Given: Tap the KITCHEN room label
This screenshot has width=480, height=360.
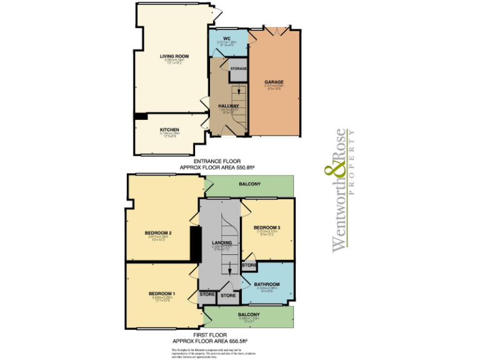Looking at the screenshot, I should click(x=169, y=129).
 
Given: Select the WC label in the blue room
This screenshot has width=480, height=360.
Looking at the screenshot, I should click(x=219, y=39).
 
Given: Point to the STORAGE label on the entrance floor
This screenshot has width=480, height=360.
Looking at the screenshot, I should click(x=238, y=67).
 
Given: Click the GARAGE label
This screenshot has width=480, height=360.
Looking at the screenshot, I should click(x=274, y=82).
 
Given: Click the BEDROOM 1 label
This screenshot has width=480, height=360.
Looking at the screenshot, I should click(x=161, y=293).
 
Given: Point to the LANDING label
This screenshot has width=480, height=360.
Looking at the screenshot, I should click(x=222, y=242).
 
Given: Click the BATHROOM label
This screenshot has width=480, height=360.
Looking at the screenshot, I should click(x=266, y=284).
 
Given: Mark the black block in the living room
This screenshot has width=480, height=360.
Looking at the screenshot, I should click(x=141, y=116).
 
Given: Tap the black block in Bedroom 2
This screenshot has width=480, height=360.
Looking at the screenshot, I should click(x=194, y=243).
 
